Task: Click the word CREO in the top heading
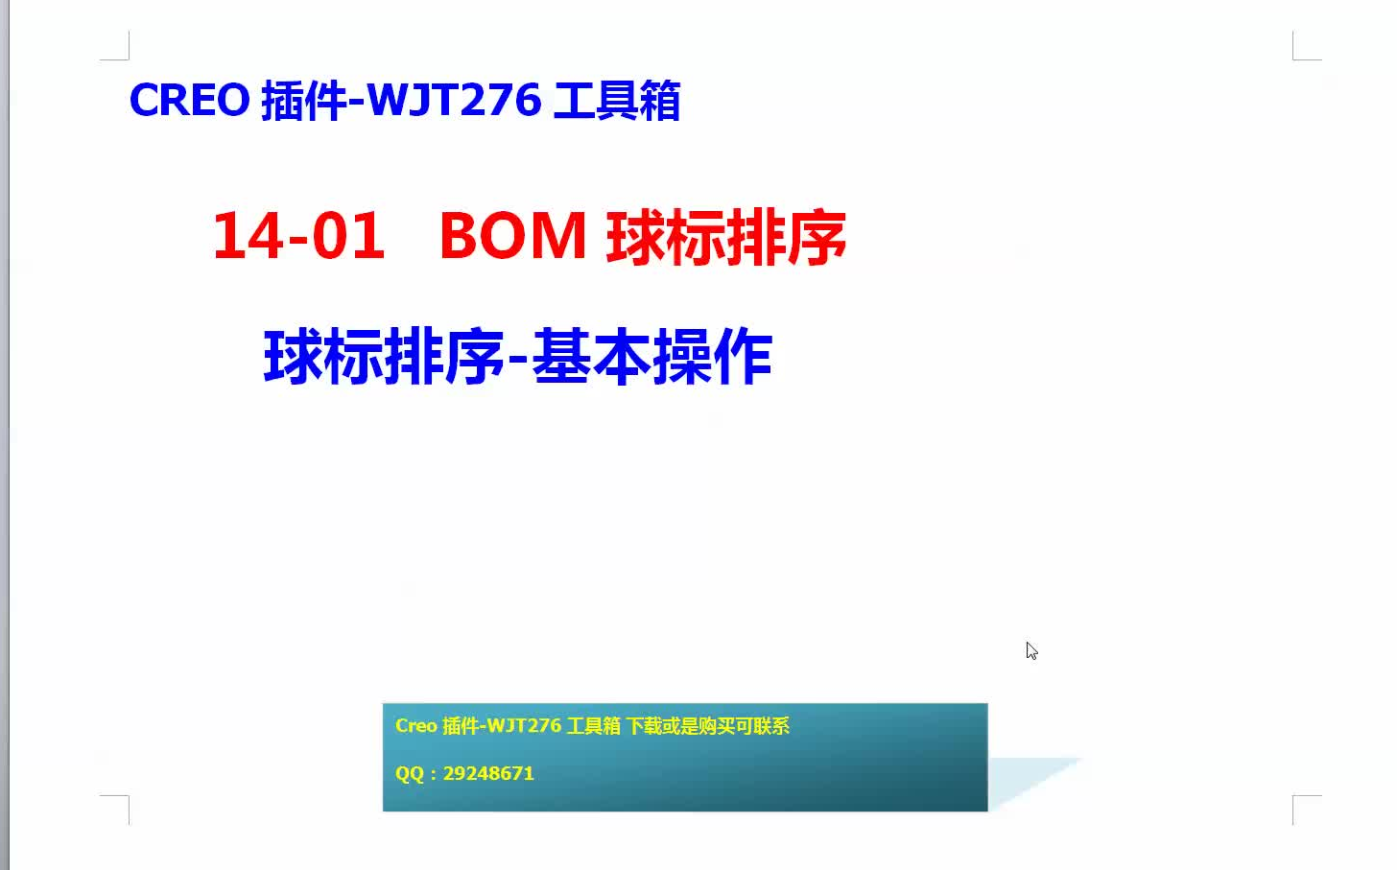click(189, 100)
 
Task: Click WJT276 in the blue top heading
click(454, 100)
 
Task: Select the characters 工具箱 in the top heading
click(617, 101)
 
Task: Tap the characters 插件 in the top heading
click(303, 101)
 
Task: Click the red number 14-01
click(298, 236)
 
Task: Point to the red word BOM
click(513, 236)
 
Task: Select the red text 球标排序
click(726, 237)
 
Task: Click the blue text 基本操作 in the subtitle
click(651, 357)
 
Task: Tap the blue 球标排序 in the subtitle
click(384, 357)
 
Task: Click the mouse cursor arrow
click(1031, 650)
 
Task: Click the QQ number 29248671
click(488, 773)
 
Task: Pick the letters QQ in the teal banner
click(410, 773)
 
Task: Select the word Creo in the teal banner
click(416, 726)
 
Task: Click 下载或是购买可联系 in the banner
click(708, 726)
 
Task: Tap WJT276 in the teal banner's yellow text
click(524, 726)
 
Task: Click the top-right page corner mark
click(1300, 52)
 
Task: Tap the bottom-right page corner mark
click(1300, 803)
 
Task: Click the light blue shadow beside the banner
click(1027, 779)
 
